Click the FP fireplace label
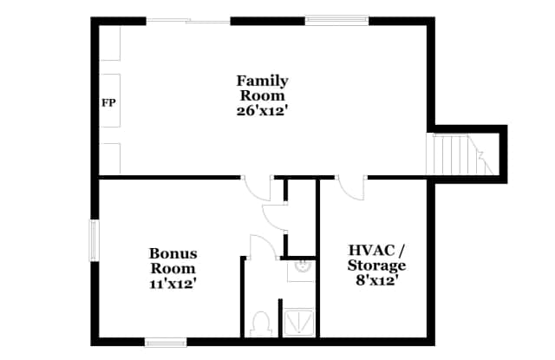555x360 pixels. click(x=108, y=103)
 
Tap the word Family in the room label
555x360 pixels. click(x=262, y=82)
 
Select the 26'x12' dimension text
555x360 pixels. click(x=261, y=111)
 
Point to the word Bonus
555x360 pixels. click(x=173, y=253)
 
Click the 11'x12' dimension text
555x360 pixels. click(x=173, y=284)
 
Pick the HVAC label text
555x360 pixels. click(x=372, y=250)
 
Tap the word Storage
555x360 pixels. click(x=376, y=265)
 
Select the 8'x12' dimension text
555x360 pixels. click(x=375, y=281)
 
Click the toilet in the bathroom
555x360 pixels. click(x=261, y=324)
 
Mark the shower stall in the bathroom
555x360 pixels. click(x=299, y=322)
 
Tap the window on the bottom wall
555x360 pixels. click(x=166, y=343)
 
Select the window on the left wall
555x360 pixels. click(x=95, y=240)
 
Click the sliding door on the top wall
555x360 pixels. click(x=188, y=22)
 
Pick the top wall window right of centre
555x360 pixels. click(x=337, y=21)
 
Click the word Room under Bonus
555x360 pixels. click(x=173, y=268)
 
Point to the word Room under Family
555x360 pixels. click(x=262, y=96)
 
